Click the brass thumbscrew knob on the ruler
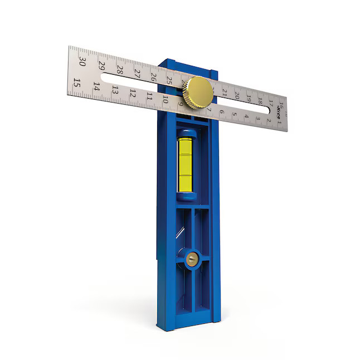pos(199,92)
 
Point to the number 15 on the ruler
pos(77,83)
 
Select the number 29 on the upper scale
pos(101,65)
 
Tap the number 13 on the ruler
pos(115,90)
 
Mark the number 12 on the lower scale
pos(133,93)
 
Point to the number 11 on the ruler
pos(149,96)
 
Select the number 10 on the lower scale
pos(166,100)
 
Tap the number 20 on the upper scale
pos(236,95)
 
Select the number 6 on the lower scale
pos(222,111)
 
